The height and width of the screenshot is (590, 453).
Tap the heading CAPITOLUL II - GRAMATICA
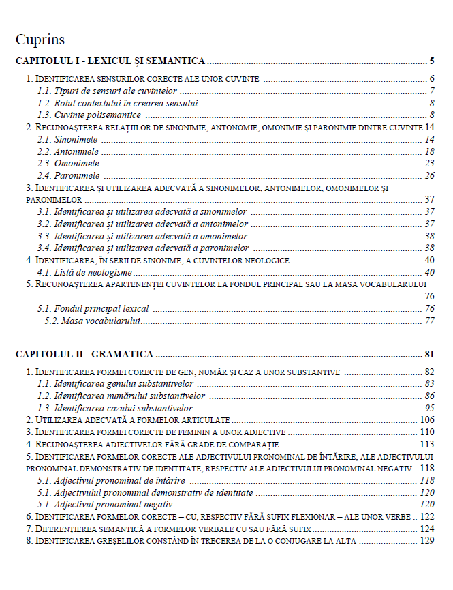(84, 354)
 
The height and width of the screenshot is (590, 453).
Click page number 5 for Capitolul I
(432, 61)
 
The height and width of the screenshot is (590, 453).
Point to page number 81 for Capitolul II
(429, 354)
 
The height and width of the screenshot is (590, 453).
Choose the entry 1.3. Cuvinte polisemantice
(89, 115)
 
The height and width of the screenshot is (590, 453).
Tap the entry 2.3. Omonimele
(69, 163)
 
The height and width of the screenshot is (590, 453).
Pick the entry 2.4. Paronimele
(69, 175)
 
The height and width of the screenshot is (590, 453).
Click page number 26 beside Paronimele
(429, 175)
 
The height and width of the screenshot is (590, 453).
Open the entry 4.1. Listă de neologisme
(84, 272)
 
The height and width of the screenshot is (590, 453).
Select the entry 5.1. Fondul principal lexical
(93, 308)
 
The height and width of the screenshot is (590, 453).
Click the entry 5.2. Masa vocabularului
(93, 321)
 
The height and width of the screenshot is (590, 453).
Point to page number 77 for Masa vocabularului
(429, 321)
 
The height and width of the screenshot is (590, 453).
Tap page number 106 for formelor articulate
(427, 419)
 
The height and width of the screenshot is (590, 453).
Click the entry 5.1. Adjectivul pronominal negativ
(104, 505)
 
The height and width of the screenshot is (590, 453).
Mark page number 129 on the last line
(427, 541)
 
